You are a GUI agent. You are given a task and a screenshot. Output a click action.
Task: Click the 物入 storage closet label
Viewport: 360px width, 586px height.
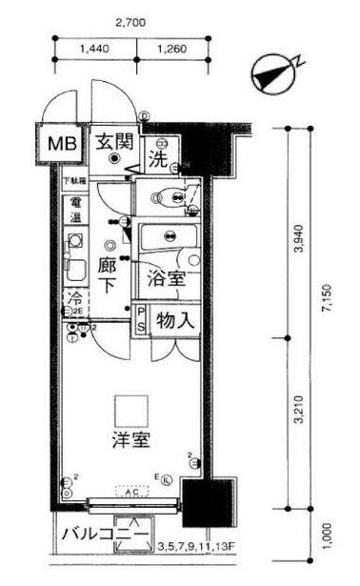pyautogui.click(x=176, y=320)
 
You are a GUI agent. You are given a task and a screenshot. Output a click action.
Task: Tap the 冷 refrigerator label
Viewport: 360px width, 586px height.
pyautogui.click(x=73, y=299)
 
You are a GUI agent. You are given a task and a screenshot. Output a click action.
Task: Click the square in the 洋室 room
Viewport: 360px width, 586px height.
pyautogui.click(x=128, y=409)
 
